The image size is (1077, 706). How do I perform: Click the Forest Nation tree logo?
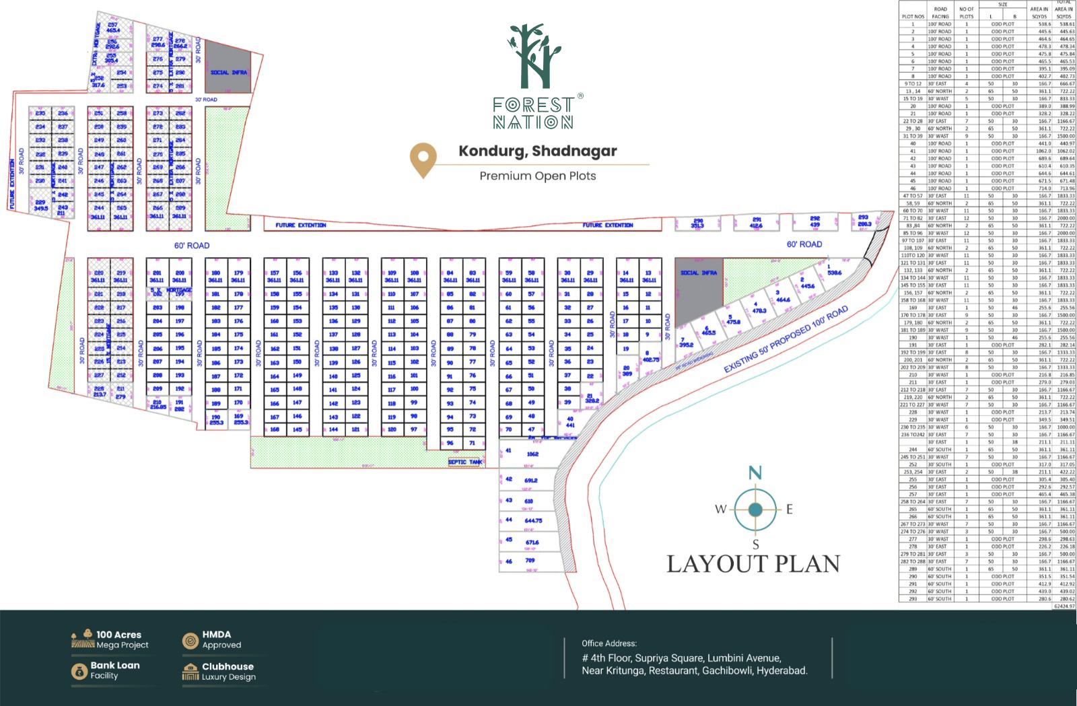[534, 57]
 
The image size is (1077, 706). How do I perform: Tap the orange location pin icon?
[423, 159]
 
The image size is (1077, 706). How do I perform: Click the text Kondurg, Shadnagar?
[538, 151]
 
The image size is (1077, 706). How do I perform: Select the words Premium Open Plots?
[538, 176]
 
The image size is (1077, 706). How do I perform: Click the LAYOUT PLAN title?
[753, 564]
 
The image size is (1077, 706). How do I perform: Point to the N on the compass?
[755, 473]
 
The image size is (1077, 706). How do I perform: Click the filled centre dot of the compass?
[755, 510]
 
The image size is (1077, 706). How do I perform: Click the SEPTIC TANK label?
[465, 462]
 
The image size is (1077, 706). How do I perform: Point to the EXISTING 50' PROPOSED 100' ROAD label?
[786, 340]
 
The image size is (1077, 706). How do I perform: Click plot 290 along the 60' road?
[698, 223]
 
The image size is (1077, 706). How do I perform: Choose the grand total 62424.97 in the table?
[1064, 606]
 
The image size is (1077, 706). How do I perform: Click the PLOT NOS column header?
[913, 17]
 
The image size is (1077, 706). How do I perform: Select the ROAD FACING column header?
[940, 13]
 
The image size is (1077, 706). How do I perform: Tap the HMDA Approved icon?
[190, 641]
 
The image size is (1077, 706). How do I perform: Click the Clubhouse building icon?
[190, 672]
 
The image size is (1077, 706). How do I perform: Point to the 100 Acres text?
[118, 635]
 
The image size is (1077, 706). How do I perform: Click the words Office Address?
[609, 643]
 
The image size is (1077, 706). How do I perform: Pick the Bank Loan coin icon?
[79, 671]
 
